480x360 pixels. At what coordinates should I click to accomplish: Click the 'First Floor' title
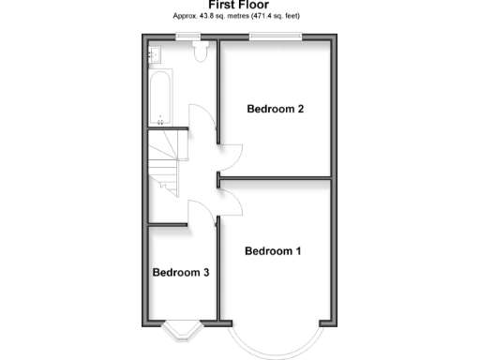(x=240, y=5)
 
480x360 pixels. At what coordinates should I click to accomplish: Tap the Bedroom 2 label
(x=275, y=109)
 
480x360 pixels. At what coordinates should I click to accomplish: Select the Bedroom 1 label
(x=273, y=251)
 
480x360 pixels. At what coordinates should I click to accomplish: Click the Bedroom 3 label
(x=181, y=273)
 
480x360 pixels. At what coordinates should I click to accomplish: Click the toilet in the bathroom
(x=200, y=53)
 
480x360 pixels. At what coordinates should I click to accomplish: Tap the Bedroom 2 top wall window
(x=275, y=37)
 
